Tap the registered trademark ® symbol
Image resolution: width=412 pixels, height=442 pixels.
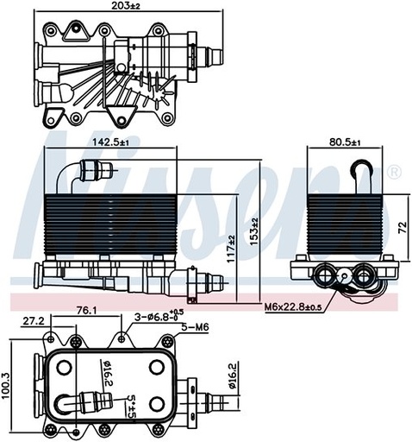(x=394, y=173)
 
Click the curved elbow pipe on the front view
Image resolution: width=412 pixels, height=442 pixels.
(x=64, y=173)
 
